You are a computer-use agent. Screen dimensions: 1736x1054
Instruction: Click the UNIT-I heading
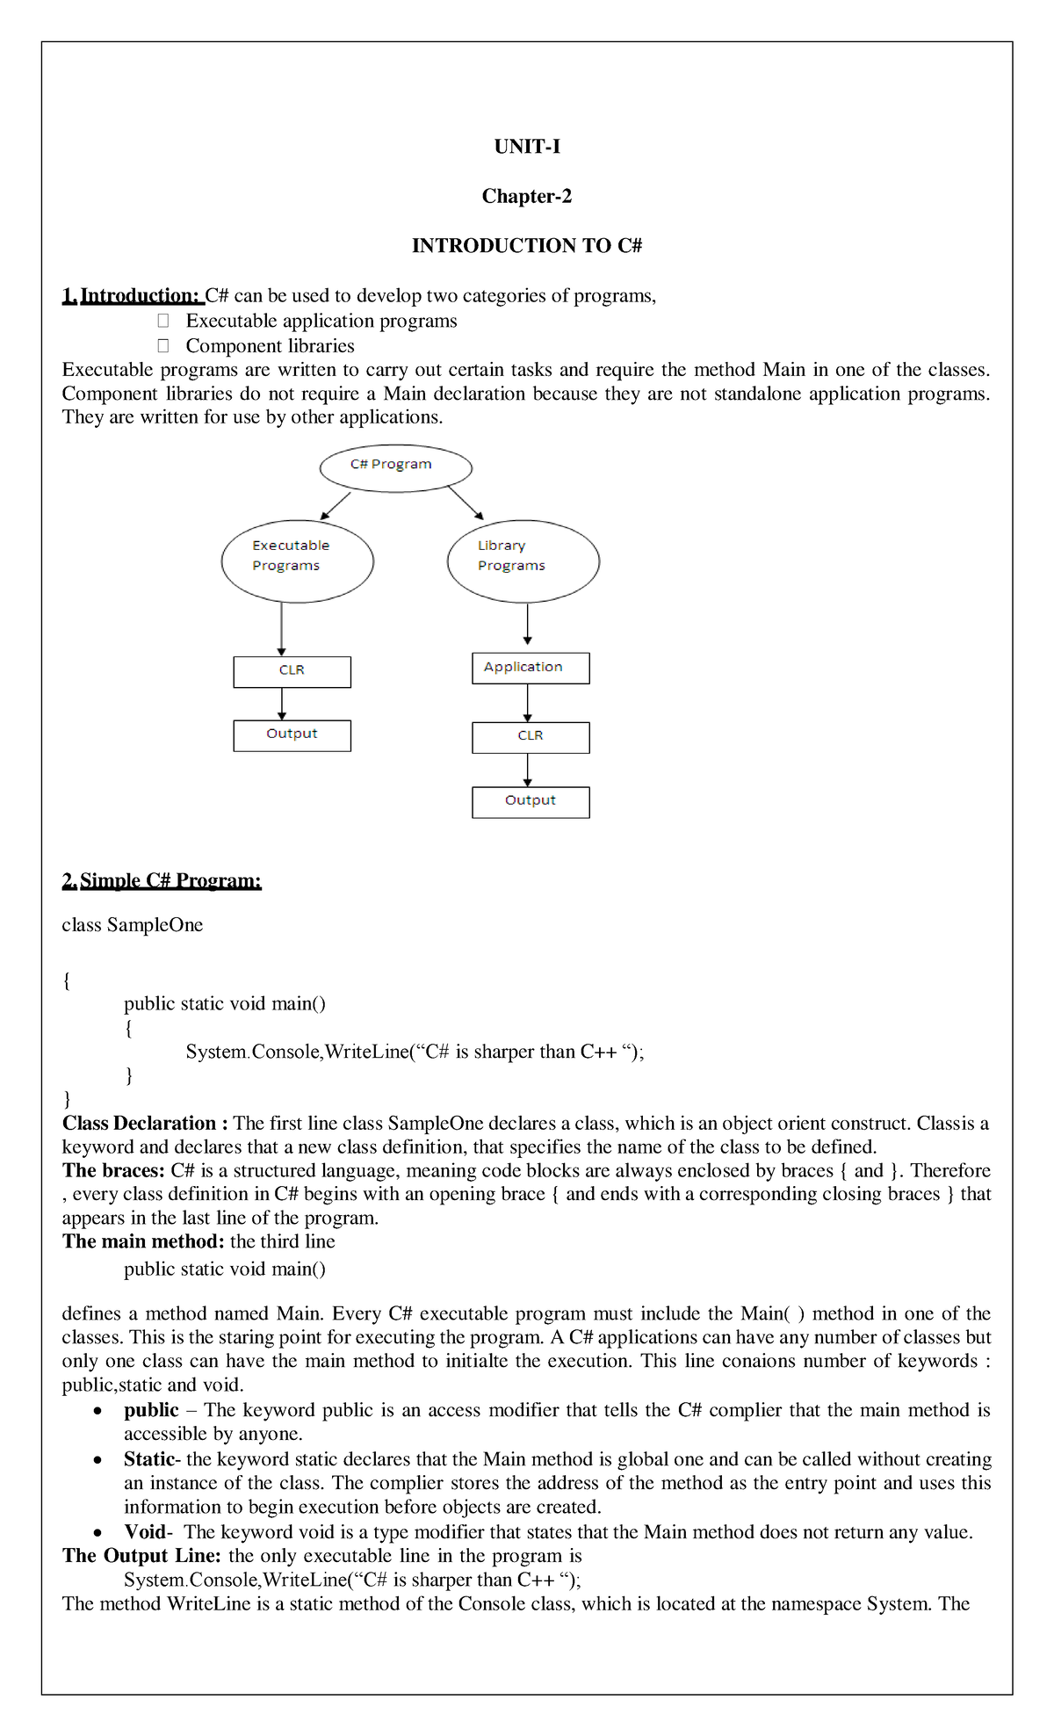527,147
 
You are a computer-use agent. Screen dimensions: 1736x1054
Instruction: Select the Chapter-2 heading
527,196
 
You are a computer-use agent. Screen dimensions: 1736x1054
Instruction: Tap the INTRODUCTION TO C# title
527,246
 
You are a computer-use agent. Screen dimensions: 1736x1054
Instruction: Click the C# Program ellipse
395,467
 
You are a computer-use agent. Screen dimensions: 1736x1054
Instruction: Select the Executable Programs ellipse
297,561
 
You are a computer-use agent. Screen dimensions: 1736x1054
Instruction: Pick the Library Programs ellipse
523,561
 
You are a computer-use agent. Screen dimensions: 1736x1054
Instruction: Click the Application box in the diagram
531,668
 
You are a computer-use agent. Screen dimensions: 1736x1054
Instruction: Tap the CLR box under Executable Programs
292,672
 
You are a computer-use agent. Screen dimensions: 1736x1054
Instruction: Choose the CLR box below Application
531,737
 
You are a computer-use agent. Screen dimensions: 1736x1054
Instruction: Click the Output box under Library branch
531,801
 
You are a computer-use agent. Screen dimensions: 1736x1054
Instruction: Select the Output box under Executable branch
292,735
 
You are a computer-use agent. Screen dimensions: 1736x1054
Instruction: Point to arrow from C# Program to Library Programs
466,503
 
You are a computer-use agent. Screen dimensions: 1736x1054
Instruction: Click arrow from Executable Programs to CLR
281,628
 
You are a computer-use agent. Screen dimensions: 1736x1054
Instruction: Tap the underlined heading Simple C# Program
162,880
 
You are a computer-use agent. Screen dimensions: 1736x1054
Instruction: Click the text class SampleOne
132,925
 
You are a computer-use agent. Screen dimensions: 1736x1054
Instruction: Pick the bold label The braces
113,1170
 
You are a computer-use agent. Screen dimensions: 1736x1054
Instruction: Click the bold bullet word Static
149,1459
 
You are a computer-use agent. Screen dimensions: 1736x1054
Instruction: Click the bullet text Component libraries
270,346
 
